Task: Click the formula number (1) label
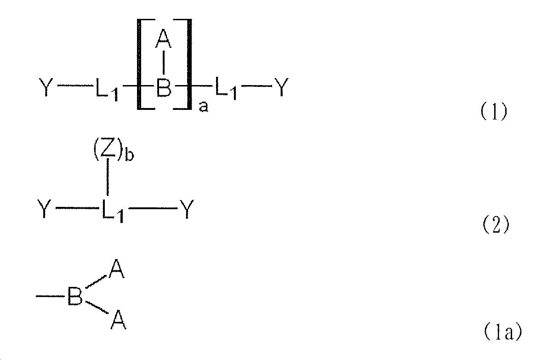tap(494, 112)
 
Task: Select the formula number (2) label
tap(496, 225)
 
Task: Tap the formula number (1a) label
tap(502, 331)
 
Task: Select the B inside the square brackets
tap(163, 87)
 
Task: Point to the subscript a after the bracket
tap(203, 107)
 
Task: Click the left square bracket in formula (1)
tap(139, 64)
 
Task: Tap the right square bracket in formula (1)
tap(188, 64)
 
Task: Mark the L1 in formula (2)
tap(113, 211)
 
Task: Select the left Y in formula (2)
tap(44, 209)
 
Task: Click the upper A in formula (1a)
tap(117, 270)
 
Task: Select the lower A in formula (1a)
tap(118, 320)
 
